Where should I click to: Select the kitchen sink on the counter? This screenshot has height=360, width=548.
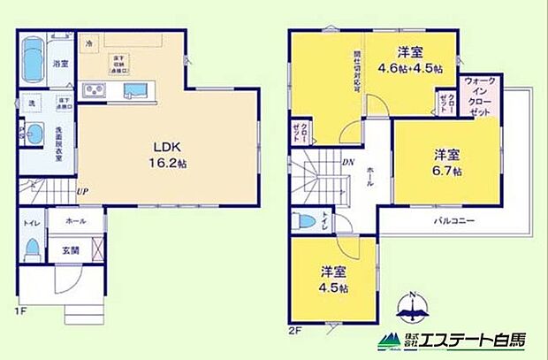[136, 89]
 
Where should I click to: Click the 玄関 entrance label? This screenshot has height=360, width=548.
[72, 250]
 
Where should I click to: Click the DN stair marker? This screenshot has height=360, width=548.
[350, 163]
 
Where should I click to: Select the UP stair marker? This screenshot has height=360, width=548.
[82, 190]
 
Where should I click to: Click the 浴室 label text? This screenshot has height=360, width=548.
[60, 64]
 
